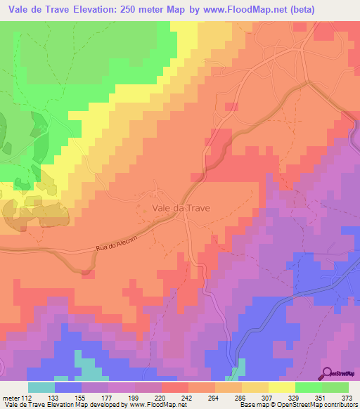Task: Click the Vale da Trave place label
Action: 181,208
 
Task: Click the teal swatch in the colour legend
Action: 41,387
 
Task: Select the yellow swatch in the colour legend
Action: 282,387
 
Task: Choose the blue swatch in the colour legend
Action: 68,387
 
